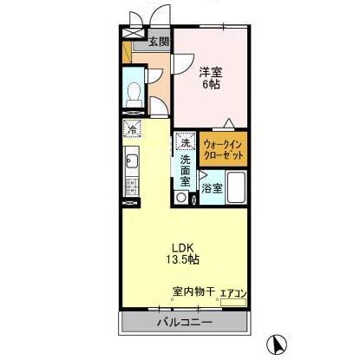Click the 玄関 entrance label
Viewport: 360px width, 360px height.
[x=157, y=41]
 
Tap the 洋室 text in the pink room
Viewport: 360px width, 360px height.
[x=212, y=72]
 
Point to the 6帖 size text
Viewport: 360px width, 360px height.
[x=212, y=85]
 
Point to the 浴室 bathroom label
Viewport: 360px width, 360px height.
[x=212, y=187]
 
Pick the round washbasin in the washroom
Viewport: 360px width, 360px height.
[x=180, y=197]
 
